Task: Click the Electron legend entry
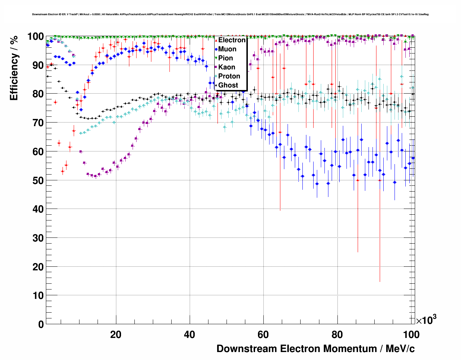pos(232,40)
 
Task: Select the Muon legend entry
pos(227,49)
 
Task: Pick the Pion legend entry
pos(225,58)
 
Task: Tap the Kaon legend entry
pos(227,67)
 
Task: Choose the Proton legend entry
pos(229,76)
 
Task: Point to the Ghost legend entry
pos(228,85)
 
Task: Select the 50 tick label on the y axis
pos(38,180)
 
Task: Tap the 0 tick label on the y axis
pos(41,324)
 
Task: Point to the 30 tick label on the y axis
pos(38,238)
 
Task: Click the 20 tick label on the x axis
pos(116,334)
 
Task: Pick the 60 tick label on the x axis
pos(263,334)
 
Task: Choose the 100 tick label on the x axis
pos(411,334)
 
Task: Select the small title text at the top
pos(230,14)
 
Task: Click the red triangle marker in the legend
pos(216,40)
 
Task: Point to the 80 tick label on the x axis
pos(337,334)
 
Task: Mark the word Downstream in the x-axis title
pos(246,349)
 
